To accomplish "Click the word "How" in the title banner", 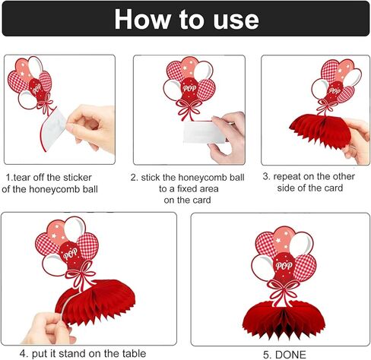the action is click(x=143, y=19).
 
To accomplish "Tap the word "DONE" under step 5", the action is click(x=290, y=355).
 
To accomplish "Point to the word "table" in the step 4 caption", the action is click(x=134, y=353).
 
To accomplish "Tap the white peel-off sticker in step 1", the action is click(x=53, y=128).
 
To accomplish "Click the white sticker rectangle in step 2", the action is click(x=204, y=132).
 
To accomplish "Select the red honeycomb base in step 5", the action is click(x=284, y=320).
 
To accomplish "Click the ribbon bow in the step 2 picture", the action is click(x=189, y=109).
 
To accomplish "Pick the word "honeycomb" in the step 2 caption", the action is click(x=207, y=178).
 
